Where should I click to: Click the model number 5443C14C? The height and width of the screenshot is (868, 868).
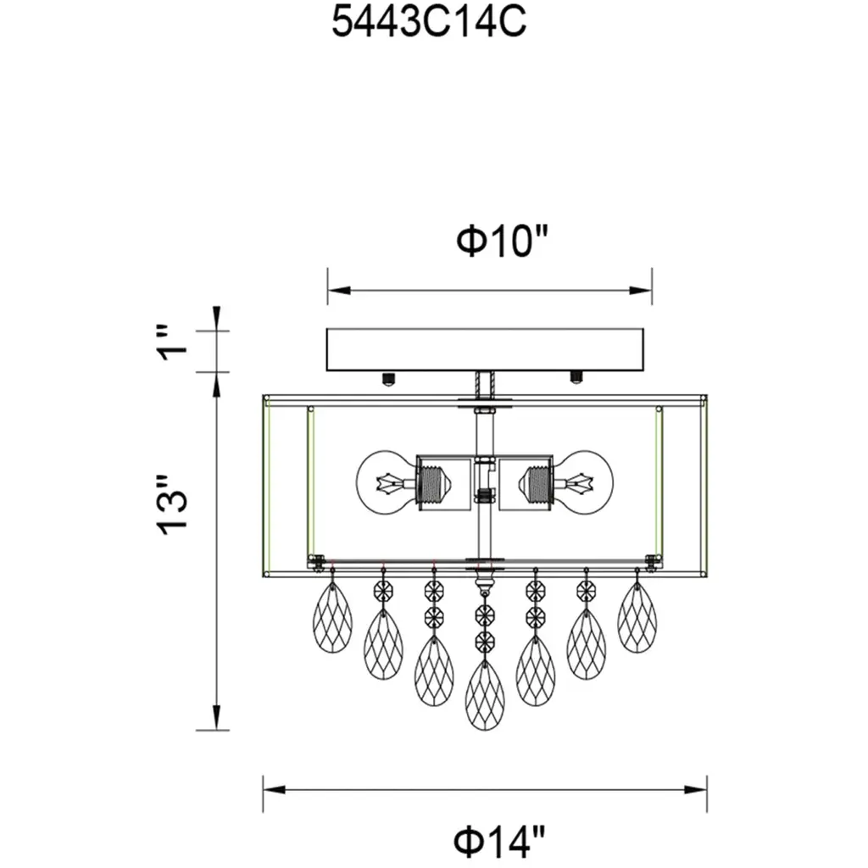(428, 24)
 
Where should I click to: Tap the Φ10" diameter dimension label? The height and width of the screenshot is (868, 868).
(502, 241)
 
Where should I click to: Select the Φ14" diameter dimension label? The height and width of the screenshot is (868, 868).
(500, 840)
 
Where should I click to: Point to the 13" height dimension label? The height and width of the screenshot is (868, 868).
(172, 504)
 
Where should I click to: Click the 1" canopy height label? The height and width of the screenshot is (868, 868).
(172, 343)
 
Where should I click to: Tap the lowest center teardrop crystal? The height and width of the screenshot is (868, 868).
(485, 695)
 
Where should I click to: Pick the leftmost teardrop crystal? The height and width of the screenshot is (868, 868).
(332, 617)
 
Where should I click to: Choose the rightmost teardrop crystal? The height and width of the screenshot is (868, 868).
(637, 617)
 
